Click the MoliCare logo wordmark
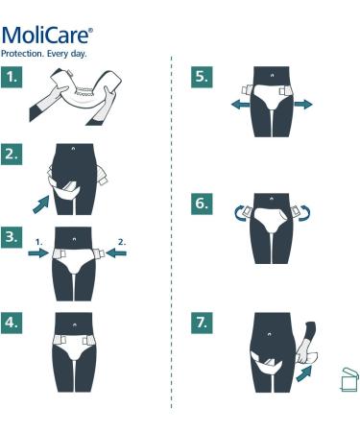click(47, 36)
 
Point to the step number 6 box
click(202, 204)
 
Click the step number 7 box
click(202, 323)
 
